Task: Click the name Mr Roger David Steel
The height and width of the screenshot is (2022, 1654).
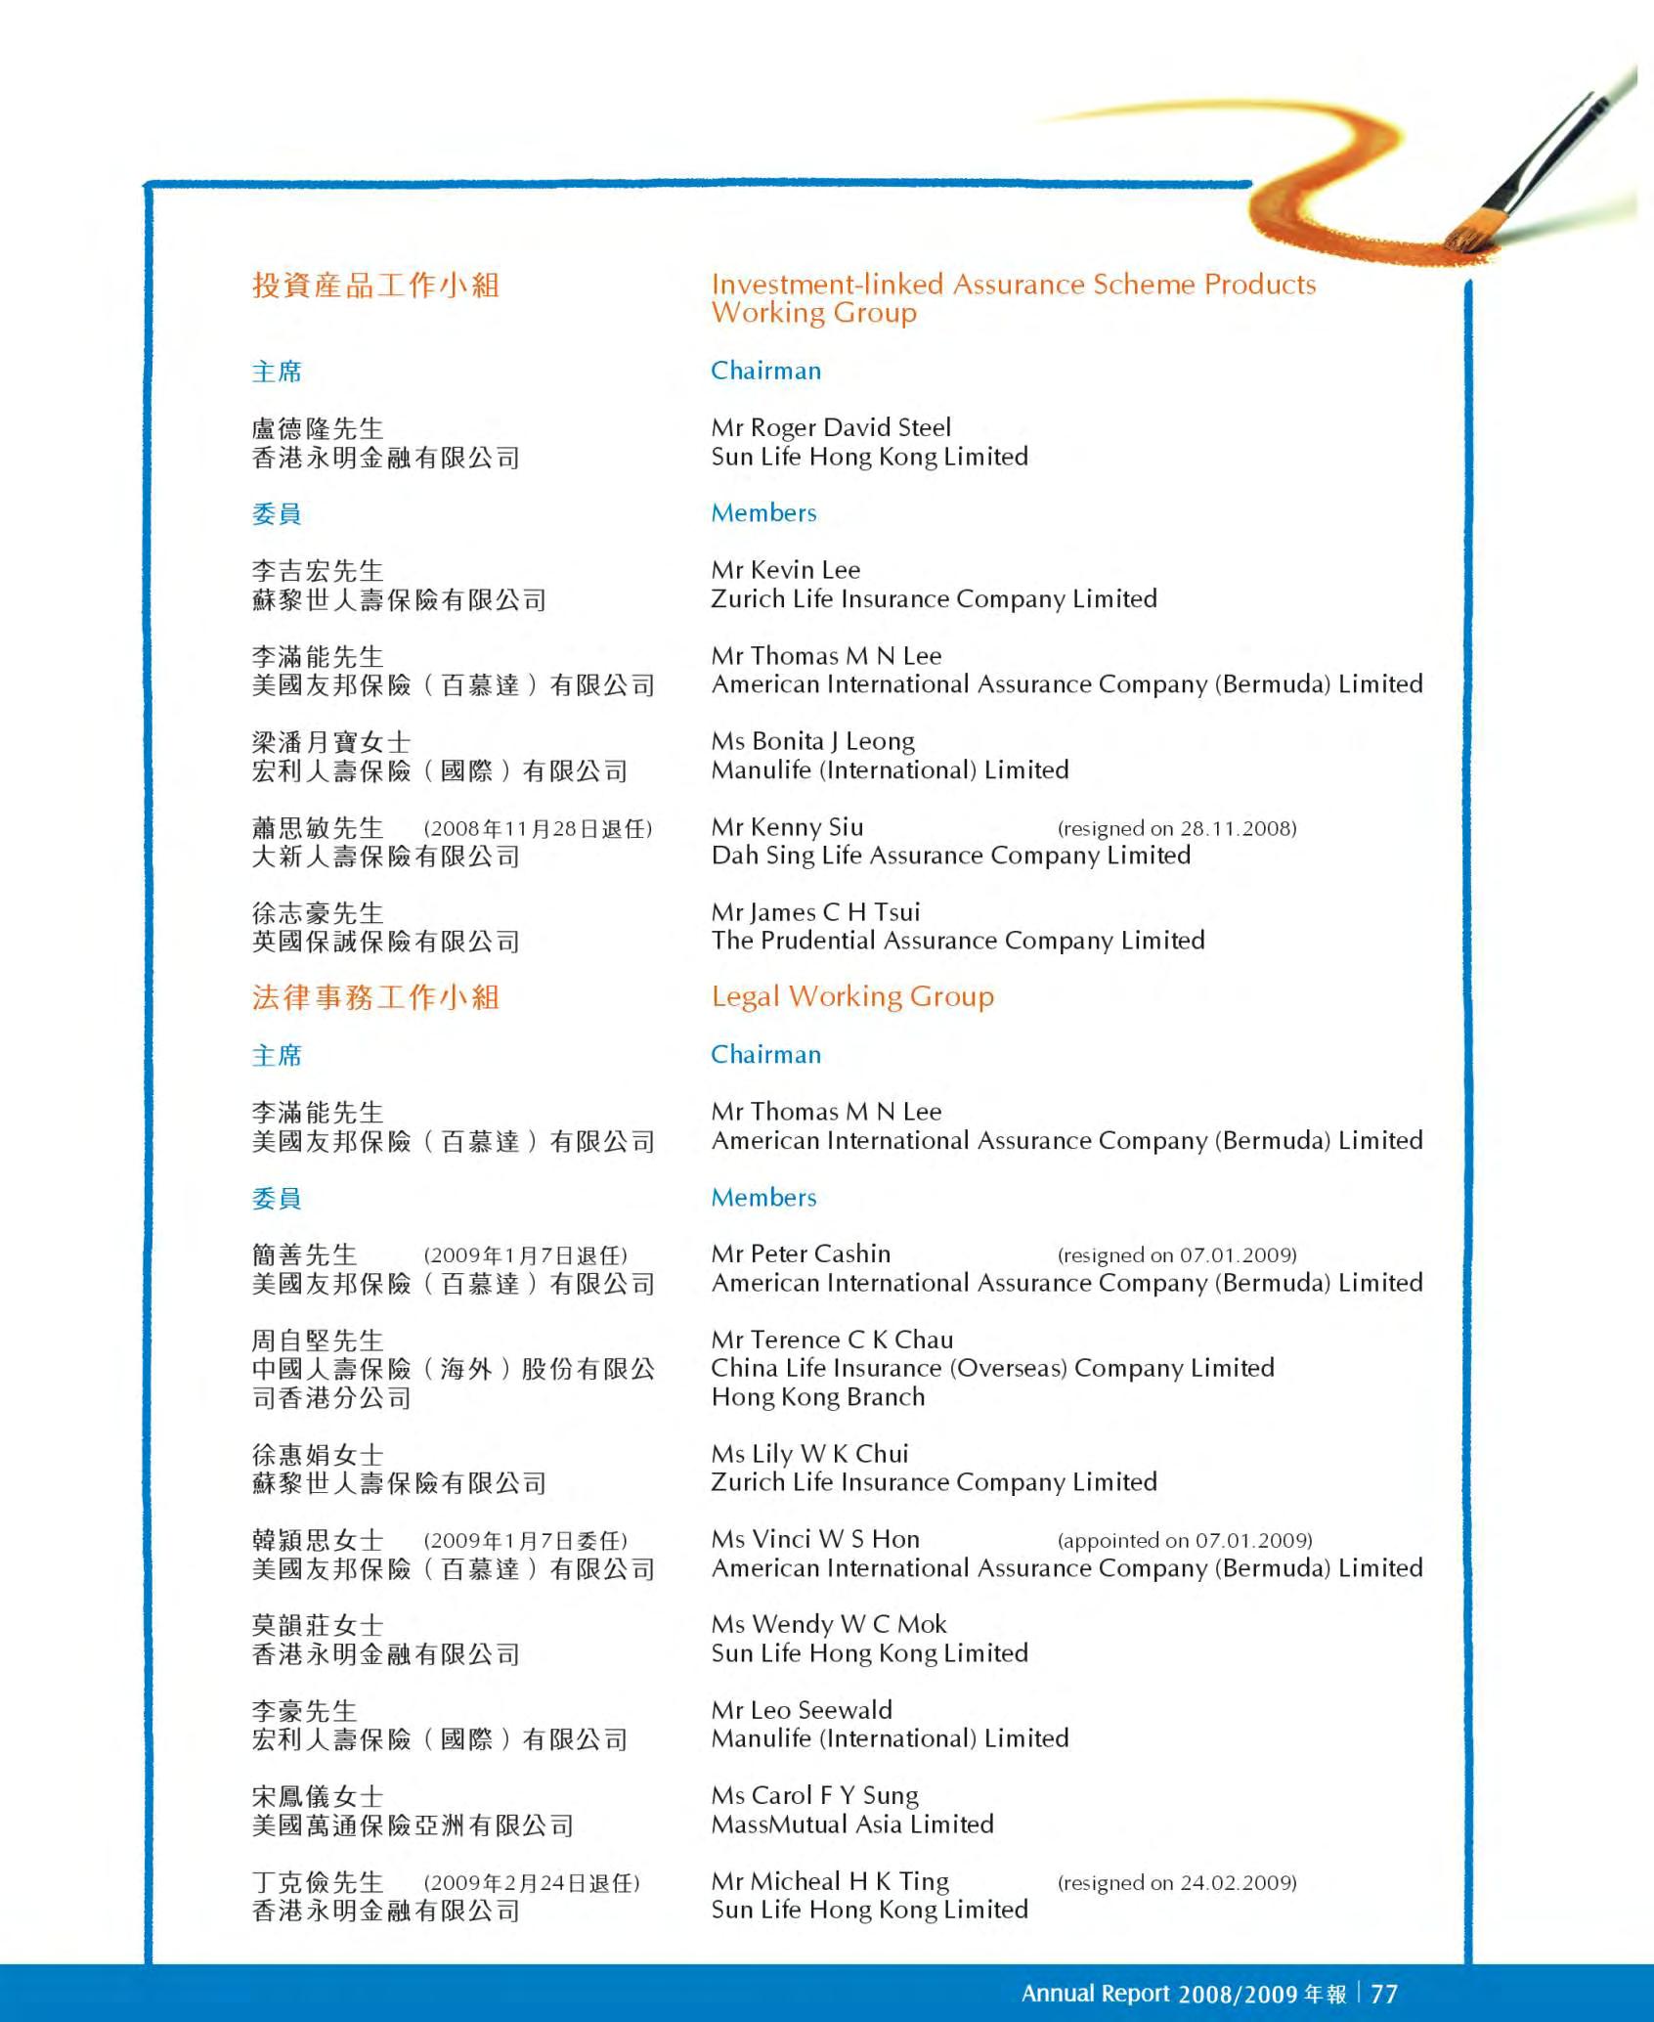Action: click(x=831, y=427)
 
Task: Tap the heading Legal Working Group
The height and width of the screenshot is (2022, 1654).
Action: click(x=852, y=996)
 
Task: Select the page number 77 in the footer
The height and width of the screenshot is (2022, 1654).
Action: click(x=1384, y=1994)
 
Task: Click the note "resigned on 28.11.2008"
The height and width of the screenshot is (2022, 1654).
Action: click(x=1177, y=828)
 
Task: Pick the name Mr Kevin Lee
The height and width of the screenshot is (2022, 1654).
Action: click(x=786, y=570)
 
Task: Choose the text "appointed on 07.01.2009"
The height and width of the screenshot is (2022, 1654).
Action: click(x=1185, y=1540)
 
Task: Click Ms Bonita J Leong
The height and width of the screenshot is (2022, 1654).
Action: click(x=813, y=741)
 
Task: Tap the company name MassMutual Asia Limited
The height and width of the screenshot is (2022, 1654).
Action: click(x=852, y=1824)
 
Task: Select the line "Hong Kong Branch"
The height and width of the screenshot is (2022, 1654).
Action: click(x=818, y=1396)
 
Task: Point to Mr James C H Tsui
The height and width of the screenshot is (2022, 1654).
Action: click(x=816, y=912)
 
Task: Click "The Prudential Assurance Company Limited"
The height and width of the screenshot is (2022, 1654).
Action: click(x=958, y=941)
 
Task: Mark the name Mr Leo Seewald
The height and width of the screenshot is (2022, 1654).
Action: click(x=803, y=1709)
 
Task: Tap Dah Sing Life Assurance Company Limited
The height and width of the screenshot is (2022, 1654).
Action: click(x=951, y=856)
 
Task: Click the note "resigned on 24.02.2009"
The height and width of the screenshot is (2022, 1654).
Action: click(x=1177, y=1882)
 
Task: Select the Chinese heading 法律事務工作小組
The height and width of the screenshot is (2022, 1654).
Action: click(x=376, y=997)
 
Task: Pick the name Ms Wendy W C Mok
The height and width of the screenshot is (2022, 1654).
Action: click(x=829, y=1624)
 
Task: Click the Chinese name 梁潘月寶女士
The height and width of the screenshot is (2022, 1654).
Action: click(x=331, y=742)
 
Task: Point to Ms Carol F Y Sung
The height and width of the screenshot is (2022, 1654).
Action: click(x=815, y=1795)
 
